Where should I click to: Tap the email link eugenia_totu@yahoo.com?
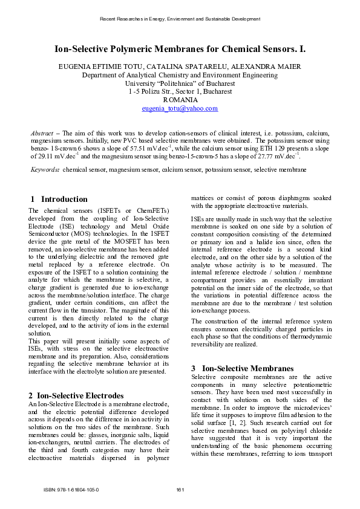coord(180,108)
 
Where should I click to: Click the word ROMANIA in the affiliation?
coord(180,100)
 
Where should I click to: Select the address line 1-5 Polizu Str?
coord(180,92)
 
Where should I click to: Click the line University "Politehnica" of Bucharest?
coord(180,83)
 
